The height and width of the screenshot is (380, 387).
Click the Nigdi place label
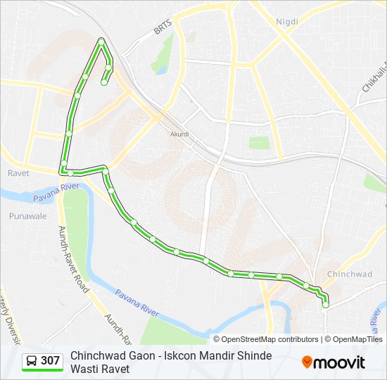coord(286,22)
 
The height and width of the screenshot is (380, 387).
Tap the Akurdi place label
coord(180,134)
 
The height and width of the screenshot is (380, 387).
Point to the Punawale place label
coord(28,216)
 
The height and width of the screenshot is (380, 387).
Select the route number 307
coord(50,361)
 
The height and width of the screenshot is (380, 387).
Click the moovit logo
coord(334,362)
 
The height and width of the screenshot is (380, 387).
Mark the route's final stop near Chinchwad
coord(325,305)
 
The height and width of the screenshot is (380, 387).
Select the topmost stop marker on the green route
coord(102,40)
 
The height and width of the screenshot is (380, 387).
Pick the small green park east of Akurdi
coord(259,143)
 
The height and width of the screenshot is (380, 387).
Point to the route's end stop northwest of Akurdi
coord(104,82)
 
